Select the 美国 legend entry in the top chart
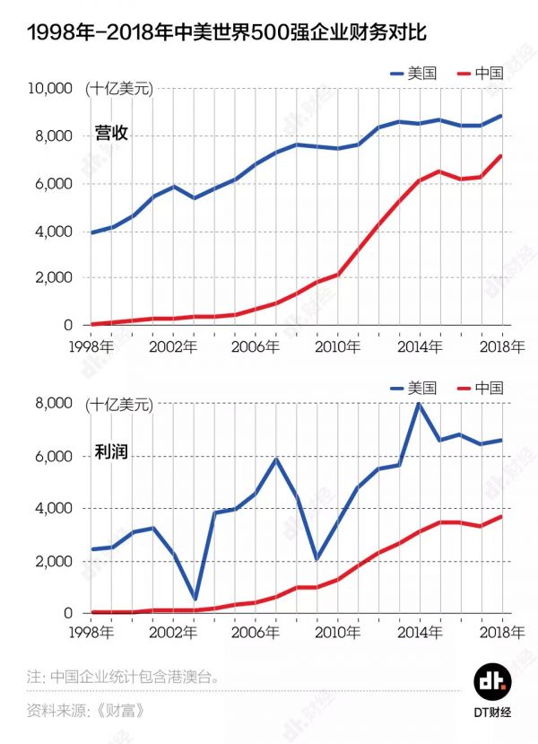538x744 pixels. (412, 73)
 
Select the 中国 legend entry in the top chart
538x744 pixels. (480, 73)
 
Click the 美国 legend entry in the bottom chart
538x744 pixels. (412, 388)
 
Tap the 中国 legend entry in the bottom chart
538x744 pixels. (480, 388)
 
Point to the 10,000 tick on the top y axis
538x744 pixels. (49, 89)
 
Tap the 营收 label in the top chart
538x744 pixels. (111, 134)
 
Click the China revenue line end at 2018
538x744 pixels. (501, 156)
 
